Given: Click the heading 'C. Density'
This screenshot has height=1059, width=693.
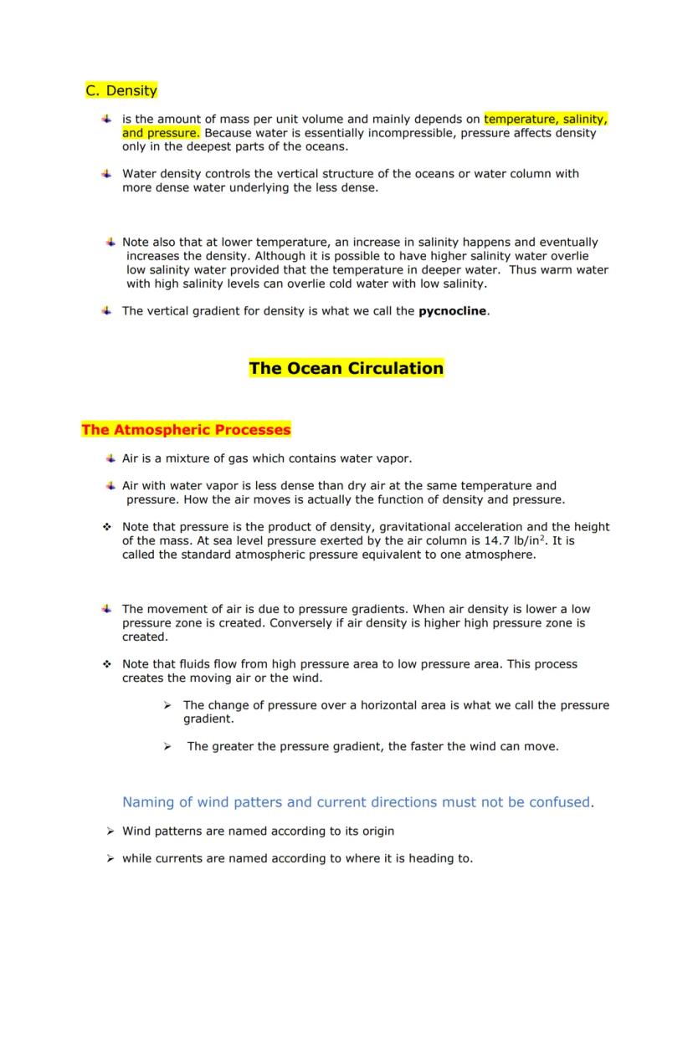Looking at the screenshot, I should coord(121,90).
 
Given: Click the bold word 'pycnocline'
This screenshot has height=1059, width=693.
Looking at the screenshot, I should coord(452,311).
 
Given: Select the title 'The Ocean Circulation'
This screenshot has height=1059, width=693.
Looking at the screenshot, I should coord(346,368).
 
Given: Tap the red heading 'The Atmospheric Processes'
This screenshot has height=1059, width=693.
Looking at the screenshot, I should coord(186,430).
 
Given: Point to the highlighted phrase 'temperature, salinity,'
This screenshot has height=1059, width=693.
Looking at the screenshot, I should coord(545,119).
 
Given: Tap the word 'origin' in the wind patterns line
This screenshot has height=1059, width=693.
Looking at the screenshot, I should coord(376,831).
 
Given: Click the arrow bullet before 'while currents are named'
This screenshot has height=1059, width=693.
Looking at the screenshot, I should coord(110,858).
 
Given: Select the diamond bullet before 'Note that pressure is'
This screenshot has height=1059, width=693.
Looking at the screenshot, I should coord(107,527).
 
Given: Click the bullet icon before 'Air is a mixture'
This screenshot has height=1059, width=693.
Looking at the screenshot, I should coord(110,458).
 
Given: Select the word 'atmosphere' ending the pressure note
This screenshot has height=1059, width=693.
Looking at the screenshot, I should coord(504,555).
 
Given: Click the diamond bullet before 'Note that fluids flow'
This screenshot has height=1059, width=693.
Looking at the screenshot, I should coord(107,664).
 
